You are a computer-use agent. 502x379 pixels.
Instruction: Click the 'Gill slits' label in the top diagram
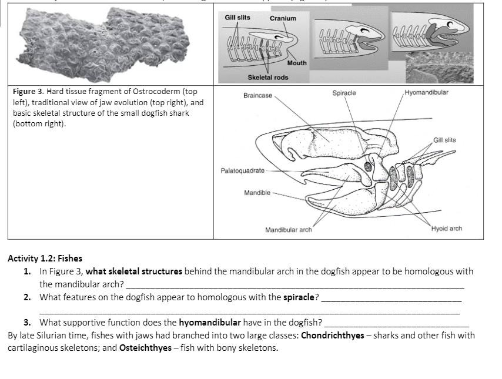[x=237, y=18]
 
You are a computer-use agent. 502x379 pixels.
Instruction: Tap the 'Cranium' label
[x=283, y=18]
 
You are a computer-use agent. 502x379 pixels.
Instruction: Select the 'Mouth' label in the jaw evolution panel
[x=297, y=63]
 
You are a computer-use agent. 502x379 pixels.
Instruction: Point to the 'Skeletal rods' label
[x=267, y=78]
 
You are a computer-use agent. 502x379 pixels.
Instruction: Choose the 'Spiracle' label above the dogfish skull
[x=344, y=93]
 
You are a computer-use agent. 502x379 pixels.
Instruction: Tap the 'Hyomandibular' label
[x=426, y=93]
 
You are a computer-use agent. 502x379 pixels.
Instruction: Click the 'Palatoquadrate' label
[x=242, y=170]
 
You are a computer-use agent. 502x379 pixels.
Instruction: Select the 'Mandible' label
[x=257, y=193]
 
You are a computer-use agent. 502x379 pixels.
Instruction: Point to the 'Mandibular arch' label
[x=288, y=229]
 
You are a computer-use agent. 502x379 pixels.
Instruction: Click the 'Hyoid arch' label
[x=447, y=229]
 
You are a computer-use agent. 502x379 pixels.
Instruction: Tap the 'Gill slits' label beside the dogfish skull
[x=444, y=140]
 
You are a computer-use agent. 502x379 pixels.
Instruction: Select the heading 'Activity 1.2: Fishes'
[x=45, y=258]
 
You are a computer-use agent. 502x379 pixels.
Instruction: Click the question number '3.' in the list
[x=28, y=322]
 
